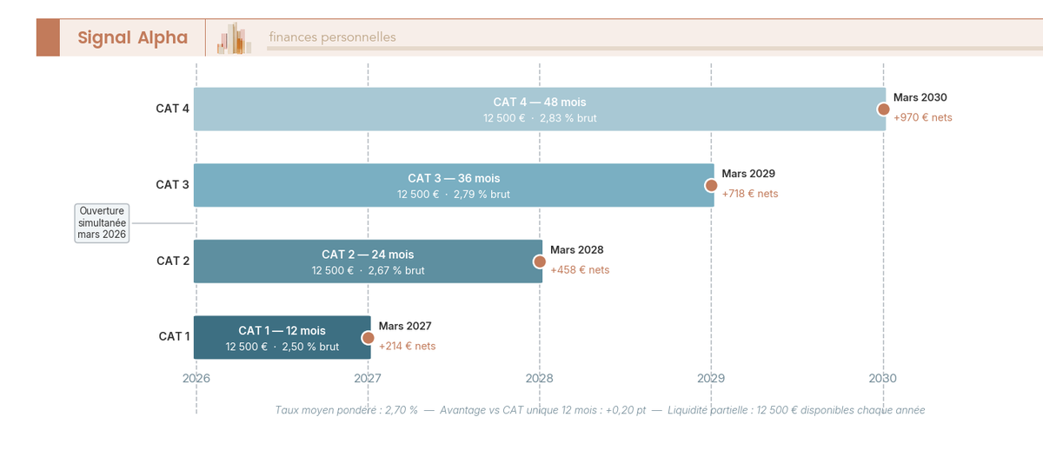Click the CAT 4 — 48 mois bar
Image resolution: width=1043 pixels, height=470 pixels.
coord(539,109)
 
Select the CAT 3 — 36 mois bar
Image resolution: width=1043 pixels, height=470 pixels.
coord(453,186)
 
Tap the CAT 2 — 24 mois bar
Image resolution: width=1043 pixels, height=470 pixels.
coord(367,261)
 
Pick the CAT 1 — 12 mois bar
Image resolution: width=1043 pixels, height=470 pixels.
coord(282,338)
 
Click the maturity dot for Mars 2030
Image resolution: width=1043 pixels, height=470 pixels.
coord(883,109)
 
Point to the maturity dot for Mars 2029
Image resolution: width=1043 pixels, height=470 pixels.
coord(711,185)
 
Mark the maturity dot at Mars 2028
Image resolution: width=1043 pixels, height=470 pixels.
coord(539,261)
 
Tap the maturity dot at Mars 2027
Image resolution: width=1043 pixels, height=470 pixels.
coord(368,338)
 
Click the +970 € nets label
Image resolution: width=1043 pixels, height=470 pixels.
coord(922,117)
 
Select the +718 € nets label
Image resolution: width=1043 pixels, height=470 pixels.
coord(749,194)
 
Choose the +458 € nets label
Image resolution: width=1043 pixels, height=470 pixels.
coord(580,270)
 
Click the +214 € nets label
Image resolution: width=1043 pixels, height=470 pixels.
coord(407,346)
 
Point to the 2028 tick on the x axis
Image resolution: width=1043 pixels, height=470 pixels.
coord(539,379)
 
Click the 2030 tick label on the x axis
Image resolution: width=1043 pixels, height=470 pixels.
coord(883,379)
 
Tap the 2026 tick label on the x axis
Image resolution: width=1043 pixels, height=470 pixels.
coord(196,379)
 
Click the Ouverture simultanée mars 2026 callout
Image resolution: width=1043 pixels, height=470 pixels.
coord(102,223)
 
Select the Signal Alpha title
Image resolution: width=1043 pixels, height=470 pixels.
coord(132,37)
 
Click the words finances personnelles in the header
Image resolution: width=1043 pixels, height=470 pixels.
coord(332,37)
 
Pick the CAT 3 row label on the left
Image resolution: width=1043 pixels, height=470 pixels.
coord(172,185)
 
